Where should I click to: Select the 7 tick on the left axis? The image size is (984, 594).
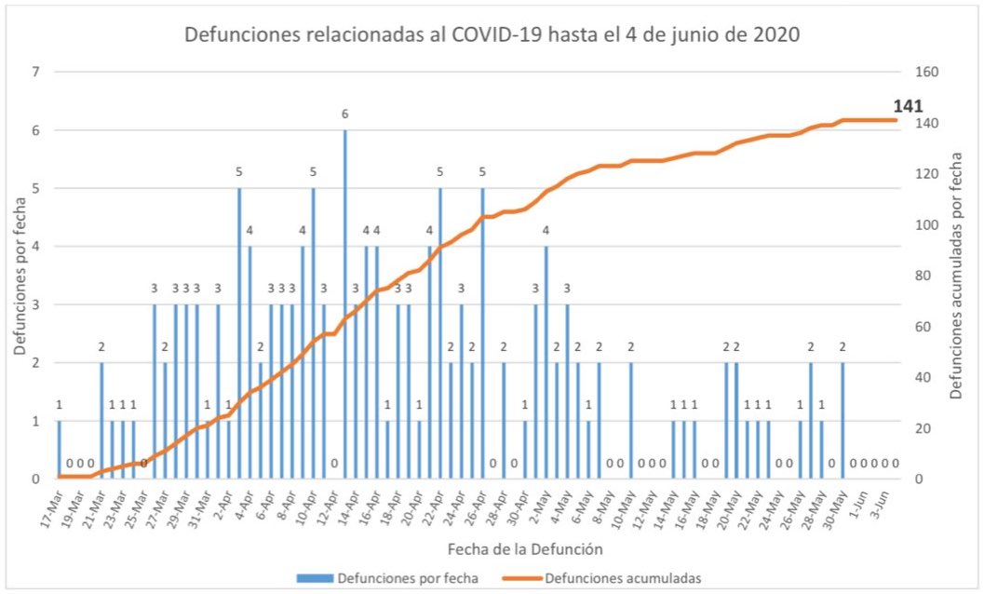(36, 73)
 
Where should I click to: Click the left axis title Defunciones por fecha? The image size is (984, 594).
(20, 276)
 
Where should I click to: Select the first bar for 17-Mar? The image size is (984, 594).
(60, 450)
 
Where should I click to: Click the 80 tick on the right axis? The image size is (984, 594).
(927, 276)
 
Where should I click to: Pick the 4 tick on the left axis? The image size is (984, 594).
(36, 247)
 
